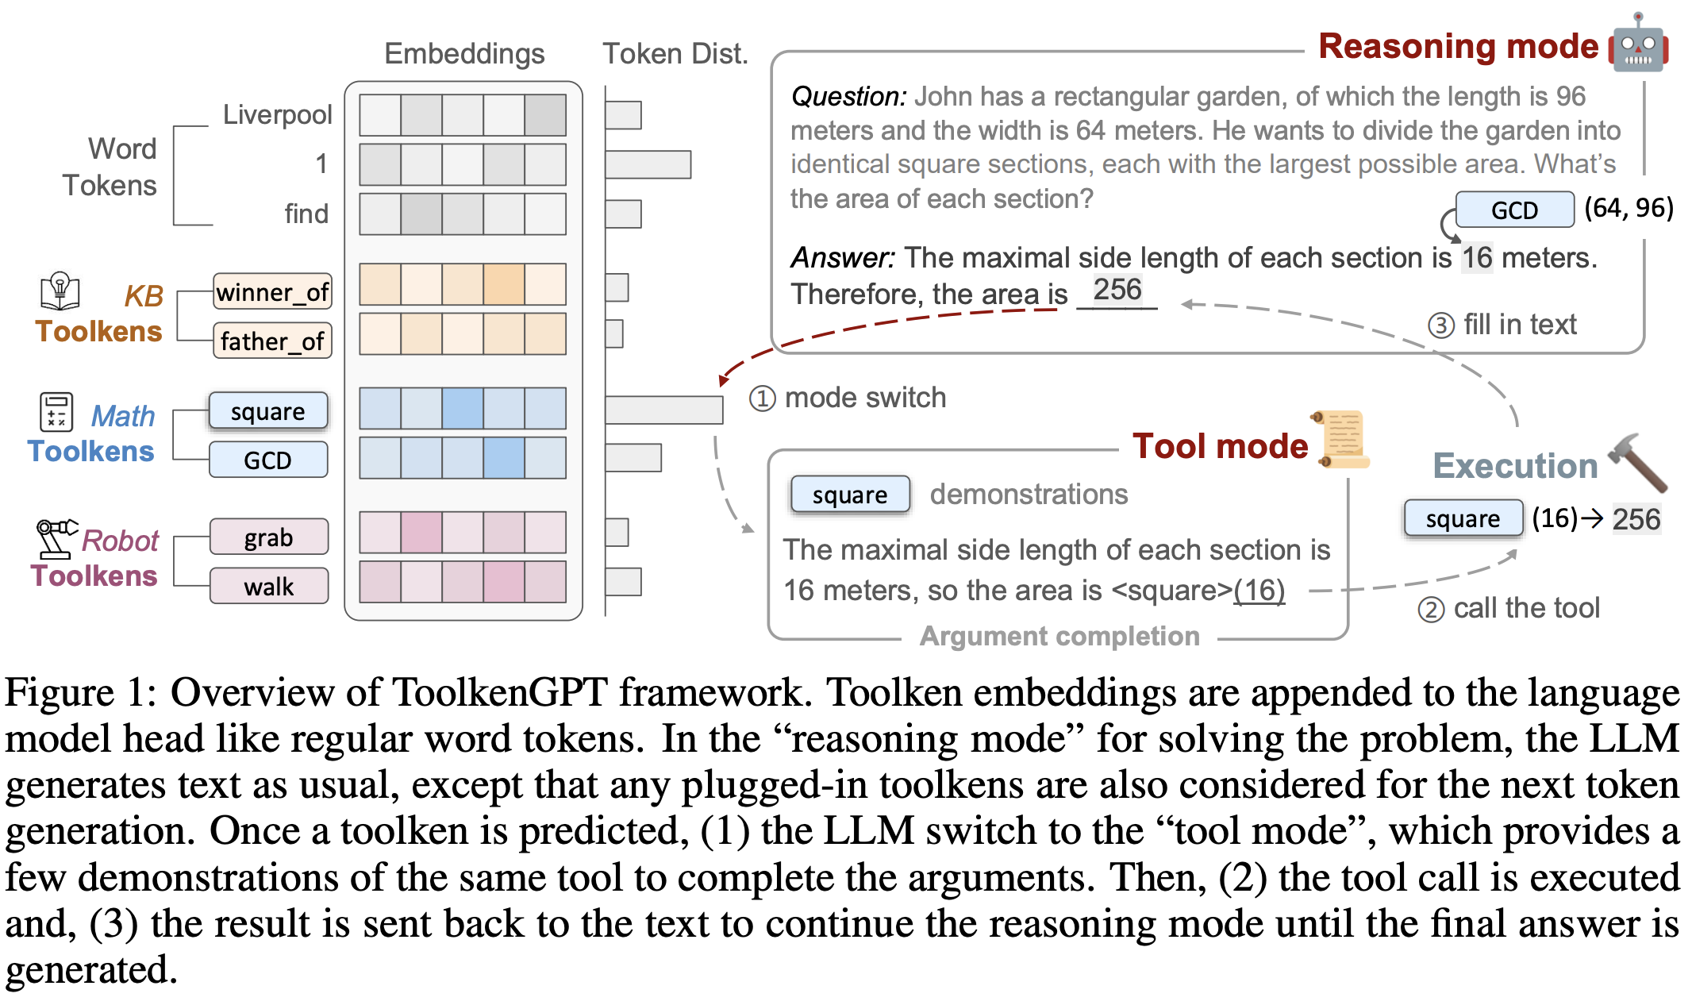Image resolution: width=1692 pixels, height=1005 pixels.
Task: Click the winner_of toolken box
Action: tap(272, 292)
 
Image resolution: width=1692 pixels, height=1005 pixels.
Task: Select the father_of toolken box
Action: tap(272, 341)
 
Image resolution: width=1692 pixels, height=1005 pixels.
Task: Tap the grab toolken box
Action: tap(269, 537)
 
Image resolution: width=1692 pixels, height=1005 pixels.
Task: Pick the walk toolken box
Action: tap(269, 587)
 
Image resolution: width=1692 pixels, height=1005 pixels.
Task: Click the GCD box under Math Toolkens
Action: tap(268, 460)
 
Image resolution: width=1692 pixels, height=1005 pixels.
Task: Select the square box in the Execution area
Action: tap(1463, 518)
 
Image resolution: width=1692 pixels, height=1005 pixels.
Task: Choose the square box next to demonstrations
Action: tap(850, 495)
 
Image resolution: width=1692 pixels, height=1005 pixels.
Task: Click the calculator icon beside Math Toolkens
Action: tap(56, 413)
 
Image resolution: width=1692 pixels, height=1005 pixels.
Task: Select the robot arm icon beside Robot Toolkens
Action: tap(56, 538)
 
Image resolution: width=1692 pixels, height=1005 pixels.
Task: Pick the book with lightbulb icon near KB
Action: tap(60, 291)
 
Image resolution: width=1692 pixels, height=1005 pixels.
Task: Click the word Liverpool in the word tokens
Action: tap(277, 114)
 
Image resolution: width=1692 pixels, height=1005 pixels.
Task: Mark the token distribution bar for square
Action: tap(663, 410)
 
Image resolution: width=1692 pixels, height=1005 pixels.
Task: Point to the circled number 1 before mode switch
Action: tap(762, 398)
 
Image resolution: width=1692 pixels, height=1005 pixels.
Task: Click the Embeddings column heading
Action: tap(464, 54)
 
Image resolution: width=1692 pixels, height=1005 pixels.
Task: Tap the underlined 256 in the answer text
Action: tap(1117, 290)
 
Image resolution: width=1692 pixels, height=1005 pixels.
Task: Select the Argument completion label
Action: tap(1059, 636)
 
